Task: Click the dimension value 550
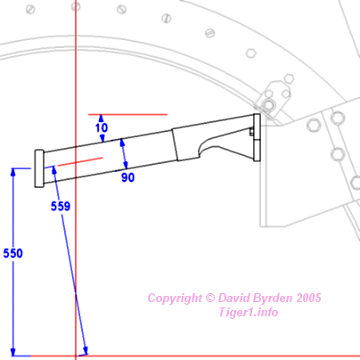pyautogui.click(x=12, y=253)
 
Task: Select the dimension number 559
pyautogui.click(x=61, y=206)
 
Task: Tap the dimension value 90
pyautogui.click(x=127, y=177)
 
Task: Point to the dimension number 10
pyautogui.click(x=102, y=127)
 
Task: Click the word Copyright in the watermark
pyautogui.click(x=175, y=299)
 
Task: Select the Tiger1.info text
pyautogui.click(x=249, y=312)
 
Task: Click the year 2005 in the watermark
pyautogui.click(x=308, y=298)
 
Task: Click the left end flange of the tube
pyautogui.click(x=39, y=168)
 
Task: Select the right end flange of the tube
pyautogui.click(x=257, y=137)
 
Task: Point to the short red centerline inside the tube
pyautogui.click(x=80, y=161)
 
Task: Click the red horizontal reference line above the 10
pyautogui.click(x=127, y=114)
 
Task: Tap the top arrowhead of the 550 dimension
pyautogui.click(x=12, y=172)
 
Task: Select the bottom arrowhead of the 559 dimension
pyautogui.click(x=86, y=350)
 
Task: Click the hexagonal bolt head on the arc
pyautogui.click(x=251, y=53)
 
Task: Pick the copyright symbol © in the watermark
pyautogui.click(x=210, y=298)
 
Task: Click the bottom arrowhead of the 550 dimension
pyautogui.click(x=12, y=352)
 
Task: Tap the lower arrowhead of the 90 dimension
pyautogui.click(x=126, y=165)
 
